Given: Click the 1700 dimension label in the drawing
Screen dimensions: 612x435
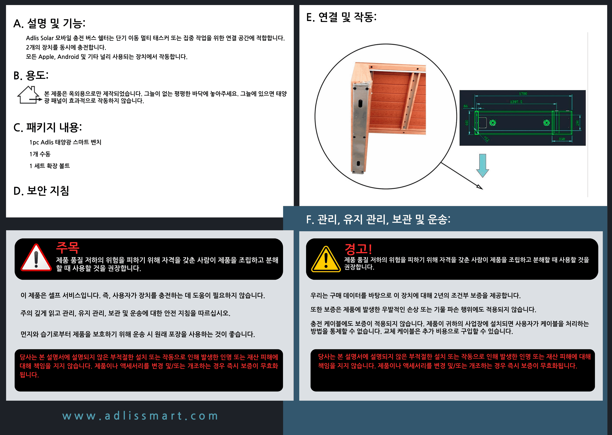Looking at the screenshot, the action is [523, 94].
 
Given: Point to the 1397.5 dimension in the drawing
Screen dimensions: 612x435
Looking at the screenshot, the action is [516, 102].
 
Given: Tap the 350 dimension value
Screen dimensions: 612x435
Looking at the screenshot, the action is [562, 139].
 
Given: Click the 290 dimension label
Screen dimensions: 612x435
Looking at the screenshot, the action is [578, 123].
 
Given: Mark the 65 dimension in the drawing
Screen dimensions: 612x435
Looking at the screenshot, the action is [466, 106].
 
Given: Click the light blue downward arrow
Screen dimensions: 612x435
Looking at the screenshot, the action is [483, 165].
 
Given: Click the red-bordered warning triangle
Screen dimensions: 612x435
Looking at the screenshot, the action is [36, 258].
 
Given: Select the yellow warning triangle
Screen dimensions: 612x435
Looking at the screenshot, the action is [326, 259].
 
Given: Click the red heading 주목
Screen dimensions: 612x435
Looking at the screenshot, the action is [68, 247].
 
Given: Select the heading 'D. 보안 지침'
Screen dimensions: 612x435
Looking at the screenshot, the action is [41, 191].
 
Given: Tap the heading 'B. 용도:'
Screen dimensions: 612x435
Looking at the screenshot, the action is [31, 75].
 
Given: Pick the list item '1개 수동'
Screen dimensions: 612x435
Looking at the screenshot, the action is [40, 154].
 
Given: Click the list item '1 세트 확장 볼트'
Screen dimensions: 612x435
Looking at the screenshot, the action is [50, 166].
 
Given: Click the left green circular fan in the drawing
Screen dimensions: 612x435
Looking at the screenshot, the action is [493, 123].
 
